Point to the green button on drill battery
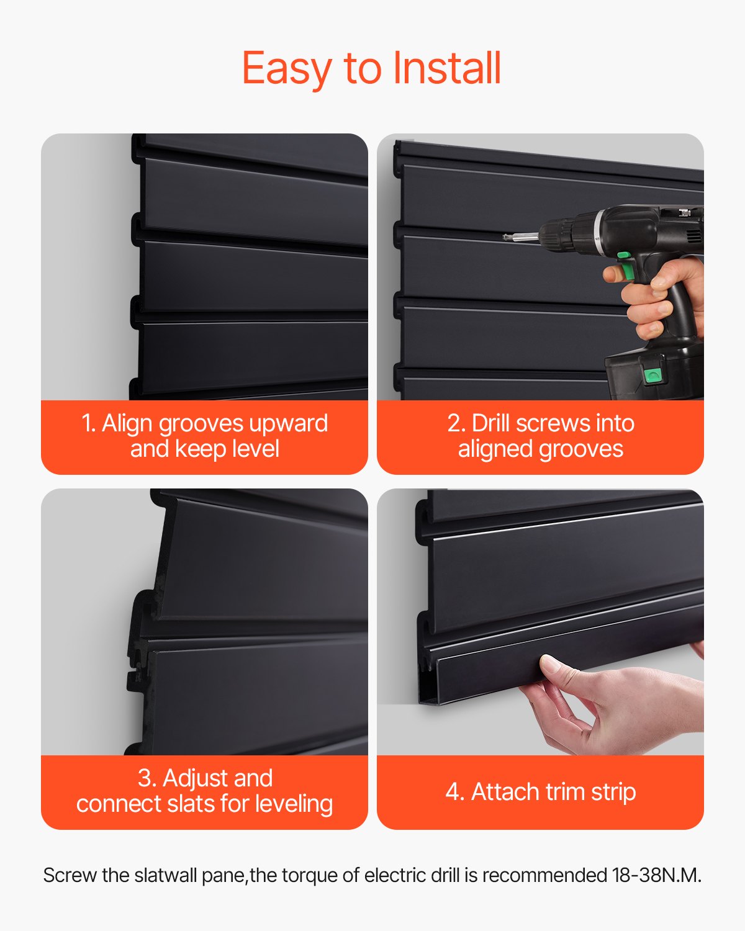click(x=652, y=374)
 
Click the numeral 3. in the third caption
click(x=147, y=778)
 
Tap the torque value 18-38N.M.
click(x=656, y=875)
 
